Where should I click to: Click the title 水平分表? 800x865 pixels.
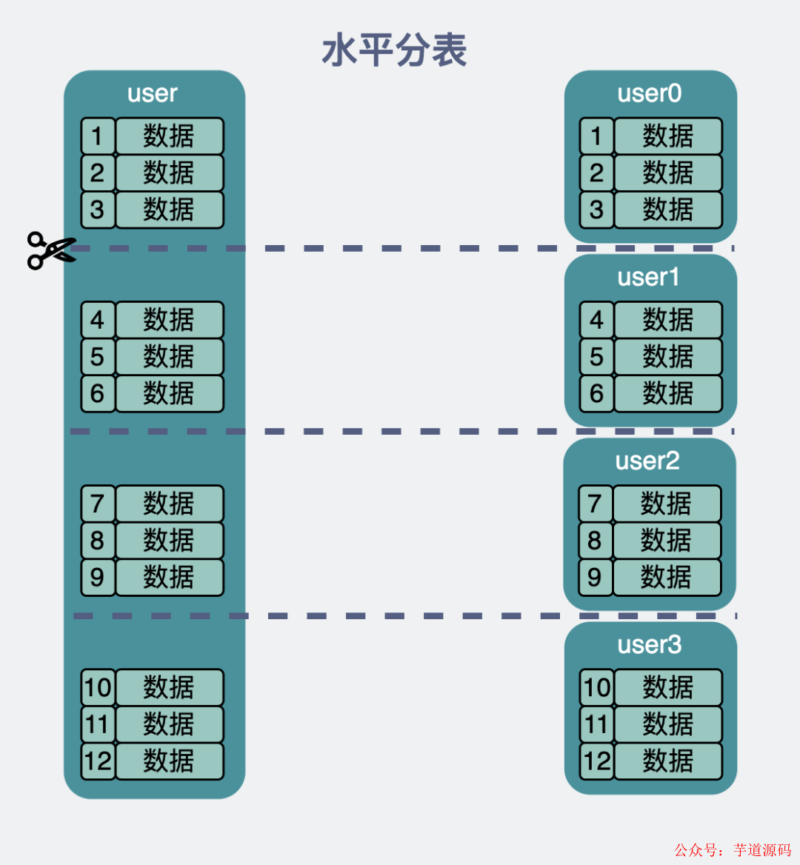[x=394, y=51]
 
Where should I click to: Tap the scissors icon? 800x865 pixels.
[x=50, y=250]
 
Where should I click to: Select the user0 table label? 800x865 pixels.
[x=650, y=93]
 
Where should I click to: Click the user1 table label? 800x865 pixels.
[x=648, y=277]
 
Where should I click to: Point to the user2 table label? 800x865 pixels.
[x=647, y=461]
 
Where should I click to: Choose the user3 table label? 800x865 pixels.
[x=650, y=644]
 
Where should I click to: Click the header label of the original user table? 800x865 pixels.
[x=153, y=93]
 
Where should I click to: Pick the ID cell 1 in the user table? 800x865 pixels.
[x=98, y=136]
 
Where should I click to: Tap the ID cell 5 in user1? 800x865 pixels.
[x=596, y=356]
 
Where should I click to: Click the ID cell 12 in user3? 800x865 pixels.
[x=596, y=761]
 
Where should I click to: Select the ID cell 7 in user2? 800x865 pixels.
[x=595, y=504]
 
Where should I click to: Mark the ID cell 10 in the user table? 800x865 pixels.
[x=98, y=687]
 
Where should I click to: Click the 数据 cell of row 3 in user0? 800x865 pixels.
[x=667, y=210]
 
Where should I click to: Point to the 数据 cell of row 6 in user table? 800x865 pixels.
[x=169, y=393]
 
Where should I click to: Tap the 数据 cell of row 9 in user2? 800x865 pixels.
[x=666, y=577]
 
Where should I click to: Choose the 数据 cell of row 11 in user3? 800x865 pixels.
[x=667, y=724]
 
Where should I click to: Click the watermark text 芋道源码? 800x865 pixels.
[x=762, y=849]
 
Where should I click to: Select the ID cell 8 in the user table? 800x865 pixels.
[x=98, y=540]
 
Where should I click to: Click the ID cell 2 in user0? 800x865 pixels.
[x=596, y=173]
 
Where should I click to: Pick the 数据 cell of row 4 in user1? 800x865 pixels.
[x=667, y=320]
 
